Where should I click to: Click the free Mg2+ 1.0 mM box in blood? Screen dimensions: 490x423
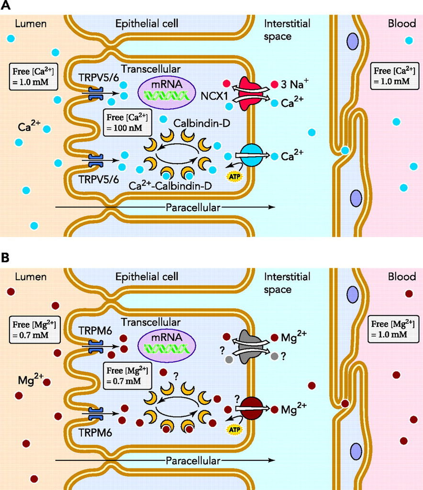click(392, 329)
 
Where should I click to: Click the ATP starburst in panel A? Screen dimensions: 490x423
click(235, 176)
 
